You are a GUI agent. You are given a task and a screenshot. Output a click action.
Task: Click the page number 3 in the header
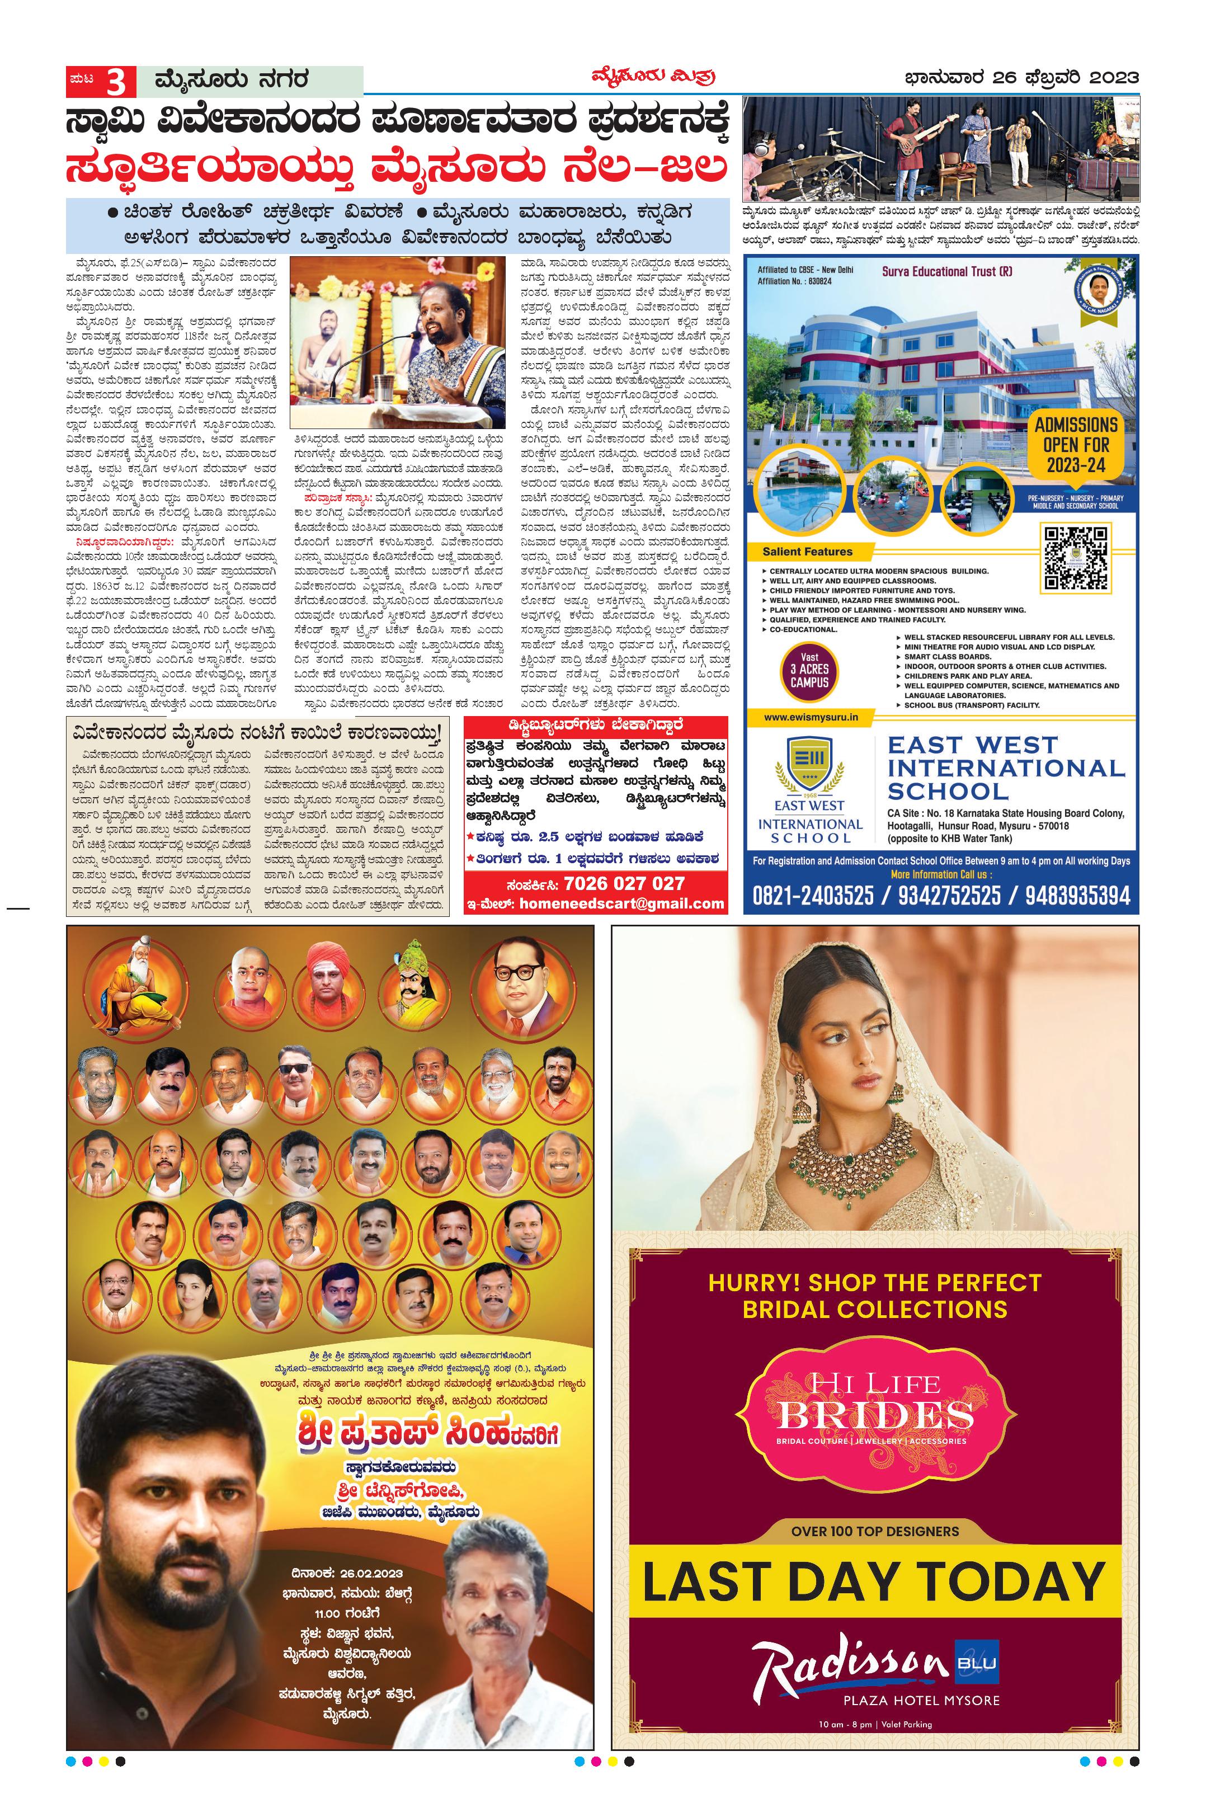[116, 81]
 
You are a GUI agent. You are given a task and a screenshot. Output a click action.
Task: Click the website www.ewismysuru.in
[811, 717]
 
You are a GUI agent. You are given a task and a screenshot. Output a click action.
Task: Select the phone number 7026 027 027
[624, 883]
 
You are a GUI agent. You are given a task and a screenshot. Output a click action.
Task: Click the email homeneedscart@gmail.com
[621, 904]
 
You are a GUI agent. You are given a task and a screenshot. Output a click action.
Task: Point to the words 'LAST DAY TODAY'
[874, 1581]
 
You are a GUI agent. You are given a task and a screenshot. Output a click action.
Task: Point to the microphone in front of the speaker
[361, 364]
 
